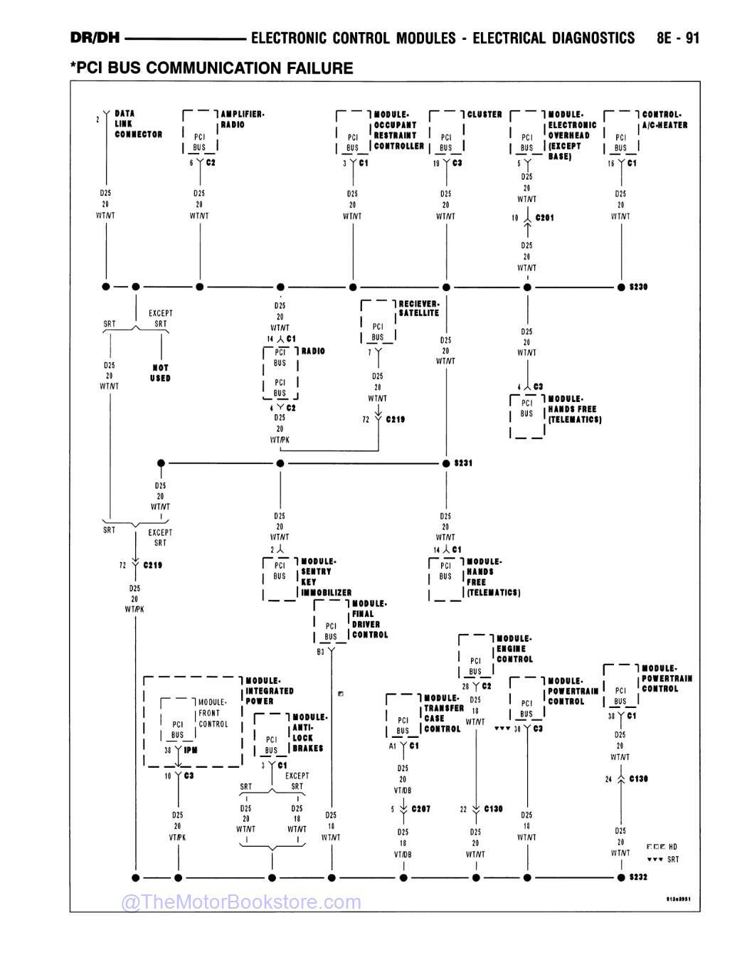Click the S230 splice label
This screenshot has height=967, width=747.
[x=638, y=287]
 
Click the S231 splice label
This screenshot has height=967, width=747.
[x=463, y=463]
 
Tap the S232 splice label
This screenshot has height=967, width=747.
[x=638, y=877]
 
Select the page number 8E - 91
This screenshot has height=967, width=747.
[x=678, y=38]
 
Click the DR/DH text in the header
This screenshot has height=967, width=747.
[x=95, y=38]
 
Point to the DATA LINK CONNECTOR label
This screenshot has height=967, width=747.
[x=138, y=124]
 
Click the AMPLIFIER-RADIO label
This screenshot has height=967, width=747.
[x=242, y=119]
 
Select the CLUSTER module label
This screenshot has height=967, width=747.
[x=484, y=114]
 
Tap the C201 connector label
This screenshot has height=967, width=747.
[x=544, y=218]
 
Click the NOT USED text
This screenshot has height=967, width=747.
[x=160, y=373]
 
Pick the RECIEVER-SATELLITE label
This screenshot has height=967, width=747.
[x=418, y=308]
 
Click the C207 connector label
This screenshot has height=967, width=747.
[x=420, y=809]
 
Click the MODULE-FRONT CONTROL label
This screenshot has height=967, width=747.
[x=213, y=713]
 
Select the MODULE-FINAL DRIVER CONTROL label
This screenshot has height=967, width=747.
[x=369, y=619]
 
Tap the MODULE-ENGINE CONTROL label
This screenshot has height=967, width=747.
[x=514, y=649]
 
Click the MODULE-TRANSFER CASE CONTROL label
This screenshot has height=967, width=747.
[x=443, y=713]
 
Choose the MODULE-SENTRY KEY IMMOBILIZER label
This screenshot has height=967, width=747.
[x=325, y=576]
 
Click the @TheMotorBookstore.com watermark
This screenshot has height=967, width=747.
[x=241, y=902]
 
